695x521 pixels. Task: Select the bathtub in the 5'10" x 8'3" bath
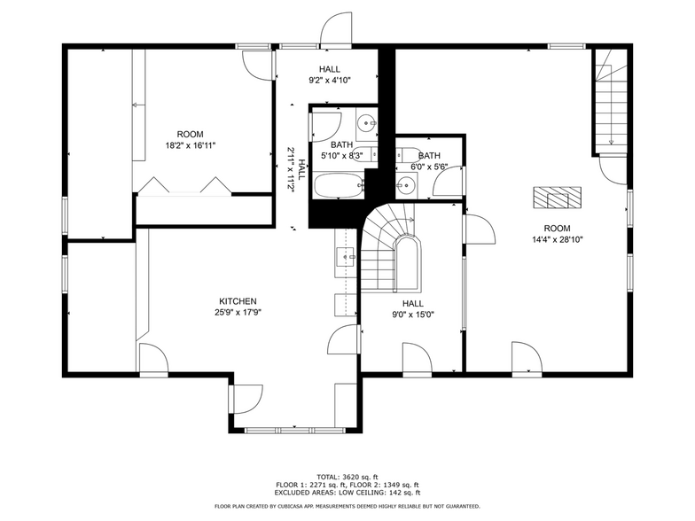(x=338, y=185)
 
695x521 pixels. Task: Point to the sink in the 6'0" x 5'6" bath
(x=406, y=185)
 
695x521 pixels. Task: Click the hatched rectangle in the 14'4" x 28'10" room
(x=557, y=197)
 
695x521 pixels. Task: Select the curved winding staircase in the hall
(x=391, y=249)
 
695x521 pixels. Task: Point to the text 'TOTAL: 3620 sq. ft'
(x=347, y=477)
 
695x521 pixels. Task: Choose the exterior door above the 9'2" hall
(x=334, y=31)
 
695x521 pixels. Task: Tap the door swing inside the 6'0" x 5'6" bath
(x=448, y=183)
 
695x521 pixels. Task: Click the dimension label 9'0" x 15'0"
(x=413, y=314)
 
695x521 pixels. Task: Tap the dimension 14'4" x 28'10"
(x=557, y=238)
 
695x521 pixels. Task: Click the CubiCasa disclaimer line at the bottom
(x=347, y=506)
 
